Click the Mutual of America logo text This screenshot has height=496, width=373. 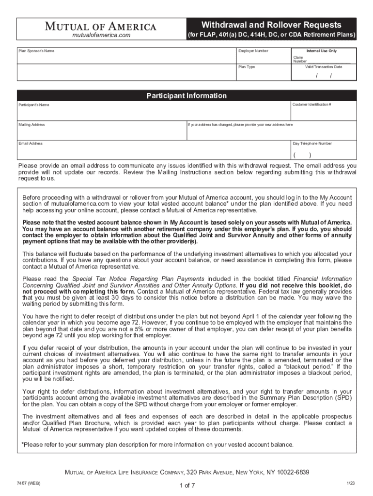101,27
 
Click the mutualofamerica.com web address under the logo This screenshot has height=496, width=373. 101,36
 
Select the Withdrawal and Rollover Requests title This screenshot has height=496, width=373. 271,25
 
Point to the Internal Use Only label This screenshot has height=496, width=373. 322,51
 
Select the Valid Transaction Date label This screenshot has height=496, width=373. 323,67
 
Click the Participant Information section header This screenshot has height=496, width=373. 186,96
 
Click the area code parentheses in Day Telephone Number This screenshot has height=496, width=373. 302,155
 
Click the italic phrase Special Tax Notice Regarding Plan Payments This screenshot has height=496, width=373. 139,279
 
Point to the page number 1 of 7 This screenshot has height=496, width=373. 186,485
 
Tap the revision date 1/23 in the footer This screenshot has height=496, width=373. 351,483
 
